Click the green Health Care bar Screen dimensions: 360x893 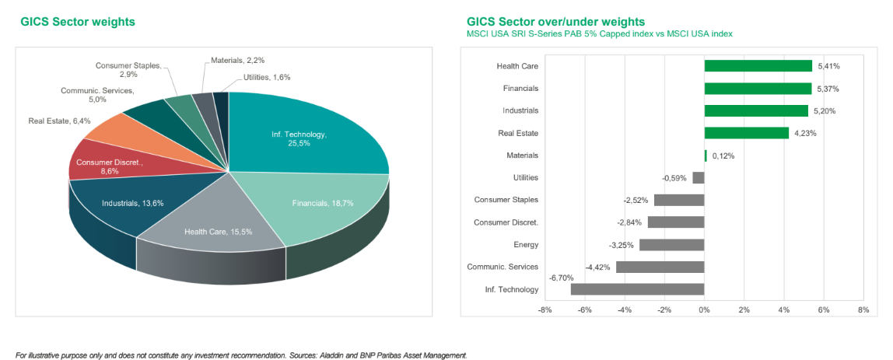(x=758, y=66)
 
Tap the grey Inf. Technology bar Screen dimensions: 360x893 (x=637, y=289)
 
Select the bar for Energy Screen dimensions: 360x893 (x=671, y=244)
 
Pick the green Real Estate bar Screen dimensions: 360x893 (x=746, y=133)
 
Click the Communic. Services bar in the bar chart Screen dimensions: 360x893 (x=660, y=267)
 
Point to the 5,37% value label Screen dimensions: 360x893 (x=827, y=89)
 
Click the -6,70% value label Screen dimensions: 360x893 (x=561, y=278)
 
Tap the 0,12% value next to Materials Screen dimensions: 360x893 (x=723, y=156)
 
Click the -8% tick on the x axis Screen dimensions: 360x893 (x=545, y=309)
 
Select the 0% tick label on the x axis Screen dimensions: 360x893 (x=704, y=309)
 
